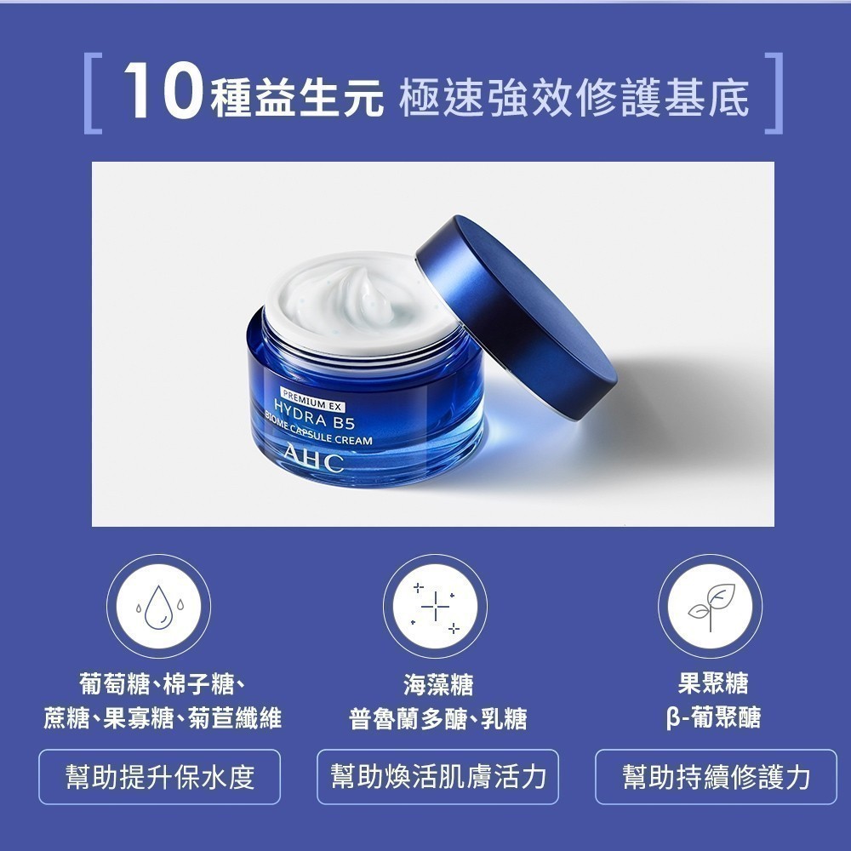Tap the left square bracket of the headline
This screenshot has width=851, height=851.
88,93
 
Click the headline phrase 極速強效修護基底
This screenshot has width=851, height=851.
574,98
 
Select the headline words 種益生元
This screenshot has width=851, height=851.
296,98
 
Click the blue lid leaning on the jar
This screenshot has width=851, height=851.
516,317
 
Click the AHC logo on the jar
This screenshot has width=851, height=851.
314,460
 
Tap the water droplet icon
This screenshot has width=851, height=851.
158,607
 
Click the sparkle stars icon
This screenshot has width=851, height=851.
435,607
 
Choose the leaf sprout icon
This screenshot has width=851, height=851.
711,606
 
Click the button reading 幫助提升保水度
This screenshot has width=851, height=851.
160,777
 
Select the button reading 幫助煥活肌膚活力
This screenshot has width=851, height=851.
437,777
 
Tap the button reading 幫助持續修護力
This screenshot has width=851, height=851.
716,777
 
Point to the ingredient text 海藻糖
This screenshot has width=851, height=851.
438,684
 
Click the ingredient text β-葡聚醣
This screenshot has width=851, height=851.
713,717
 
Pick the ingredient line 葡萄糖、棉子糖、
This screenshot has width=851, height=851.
161,684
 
